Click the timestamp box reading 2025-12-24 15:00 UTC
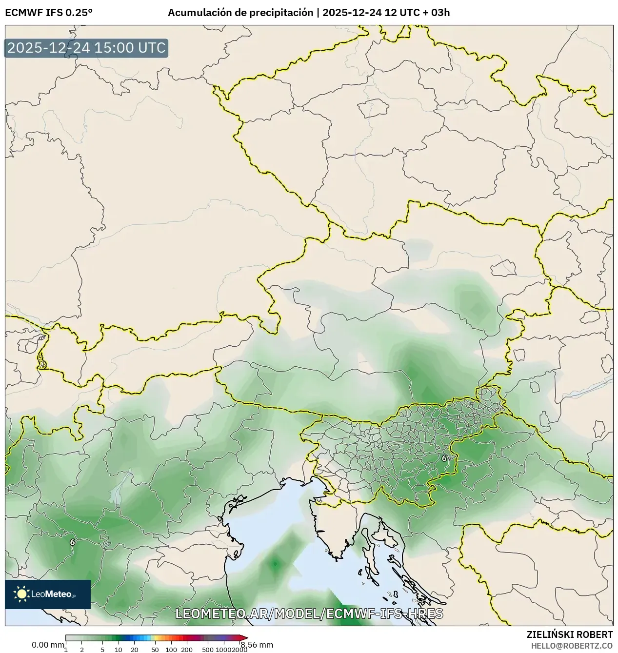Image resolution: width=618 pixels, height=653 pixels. click(86, 48)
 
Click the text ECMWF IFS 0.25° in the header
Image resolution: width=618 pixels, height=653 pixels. click(48, 13)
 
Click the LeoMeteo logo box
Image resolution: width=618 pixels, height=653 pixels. click(48, 594)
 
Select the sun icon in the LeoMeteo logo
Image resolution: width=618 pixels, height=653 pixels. click(21, 594)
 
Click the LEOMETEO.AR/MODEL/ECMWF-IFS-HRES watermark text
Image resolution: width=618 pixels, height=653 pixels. click(309, 613)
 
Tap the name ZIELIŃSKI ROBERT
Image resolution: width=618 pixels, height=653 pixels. click(570, 634)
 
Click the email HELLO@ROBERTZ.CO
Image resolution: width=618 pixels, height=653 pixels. click(572, 645)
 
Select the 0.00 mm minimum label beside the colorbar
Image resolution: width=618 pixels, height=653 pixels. click(48, 645)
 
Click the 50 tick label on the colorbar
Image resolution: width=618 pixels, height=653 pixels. click(155, 650)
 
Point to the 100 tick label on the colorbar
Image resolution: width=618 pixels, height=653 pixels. click(171, 650)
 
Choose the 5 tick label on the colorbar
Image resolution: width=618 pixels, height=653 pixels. click(102, 650)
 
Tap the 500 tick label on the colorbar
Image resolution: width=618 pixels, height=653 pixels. click(208, 650)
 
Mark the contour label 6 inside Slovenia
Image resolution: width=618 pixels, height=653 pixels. click(444, 458)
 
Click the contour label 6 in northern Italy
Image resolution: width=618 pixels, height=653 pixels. click(73, 542)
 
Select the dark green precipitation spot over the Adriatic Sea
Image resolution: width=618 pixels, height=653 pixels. click(275, 565)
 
